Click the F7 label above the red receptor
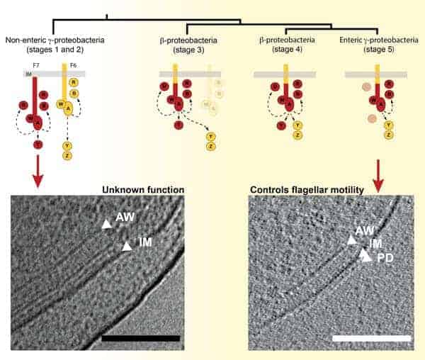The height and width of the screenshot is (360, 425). pos(35,64)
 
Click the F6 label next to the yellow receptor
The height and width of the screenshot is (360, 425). pos(63,64)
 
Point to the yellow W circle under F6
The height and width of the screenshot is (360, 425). pos(59,104)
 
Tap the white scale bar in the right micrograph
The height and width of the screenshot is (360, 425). pos(371,338)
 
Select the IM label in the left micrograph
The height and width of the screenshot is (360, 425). pos(145,242)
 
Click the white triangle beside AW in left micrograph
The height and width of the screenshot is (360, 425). pos(106,224)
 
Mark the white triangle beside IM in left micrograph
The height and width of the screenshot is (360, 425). pos(126,246)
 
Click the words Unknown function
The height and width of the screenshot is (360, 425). pos(143,190)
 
